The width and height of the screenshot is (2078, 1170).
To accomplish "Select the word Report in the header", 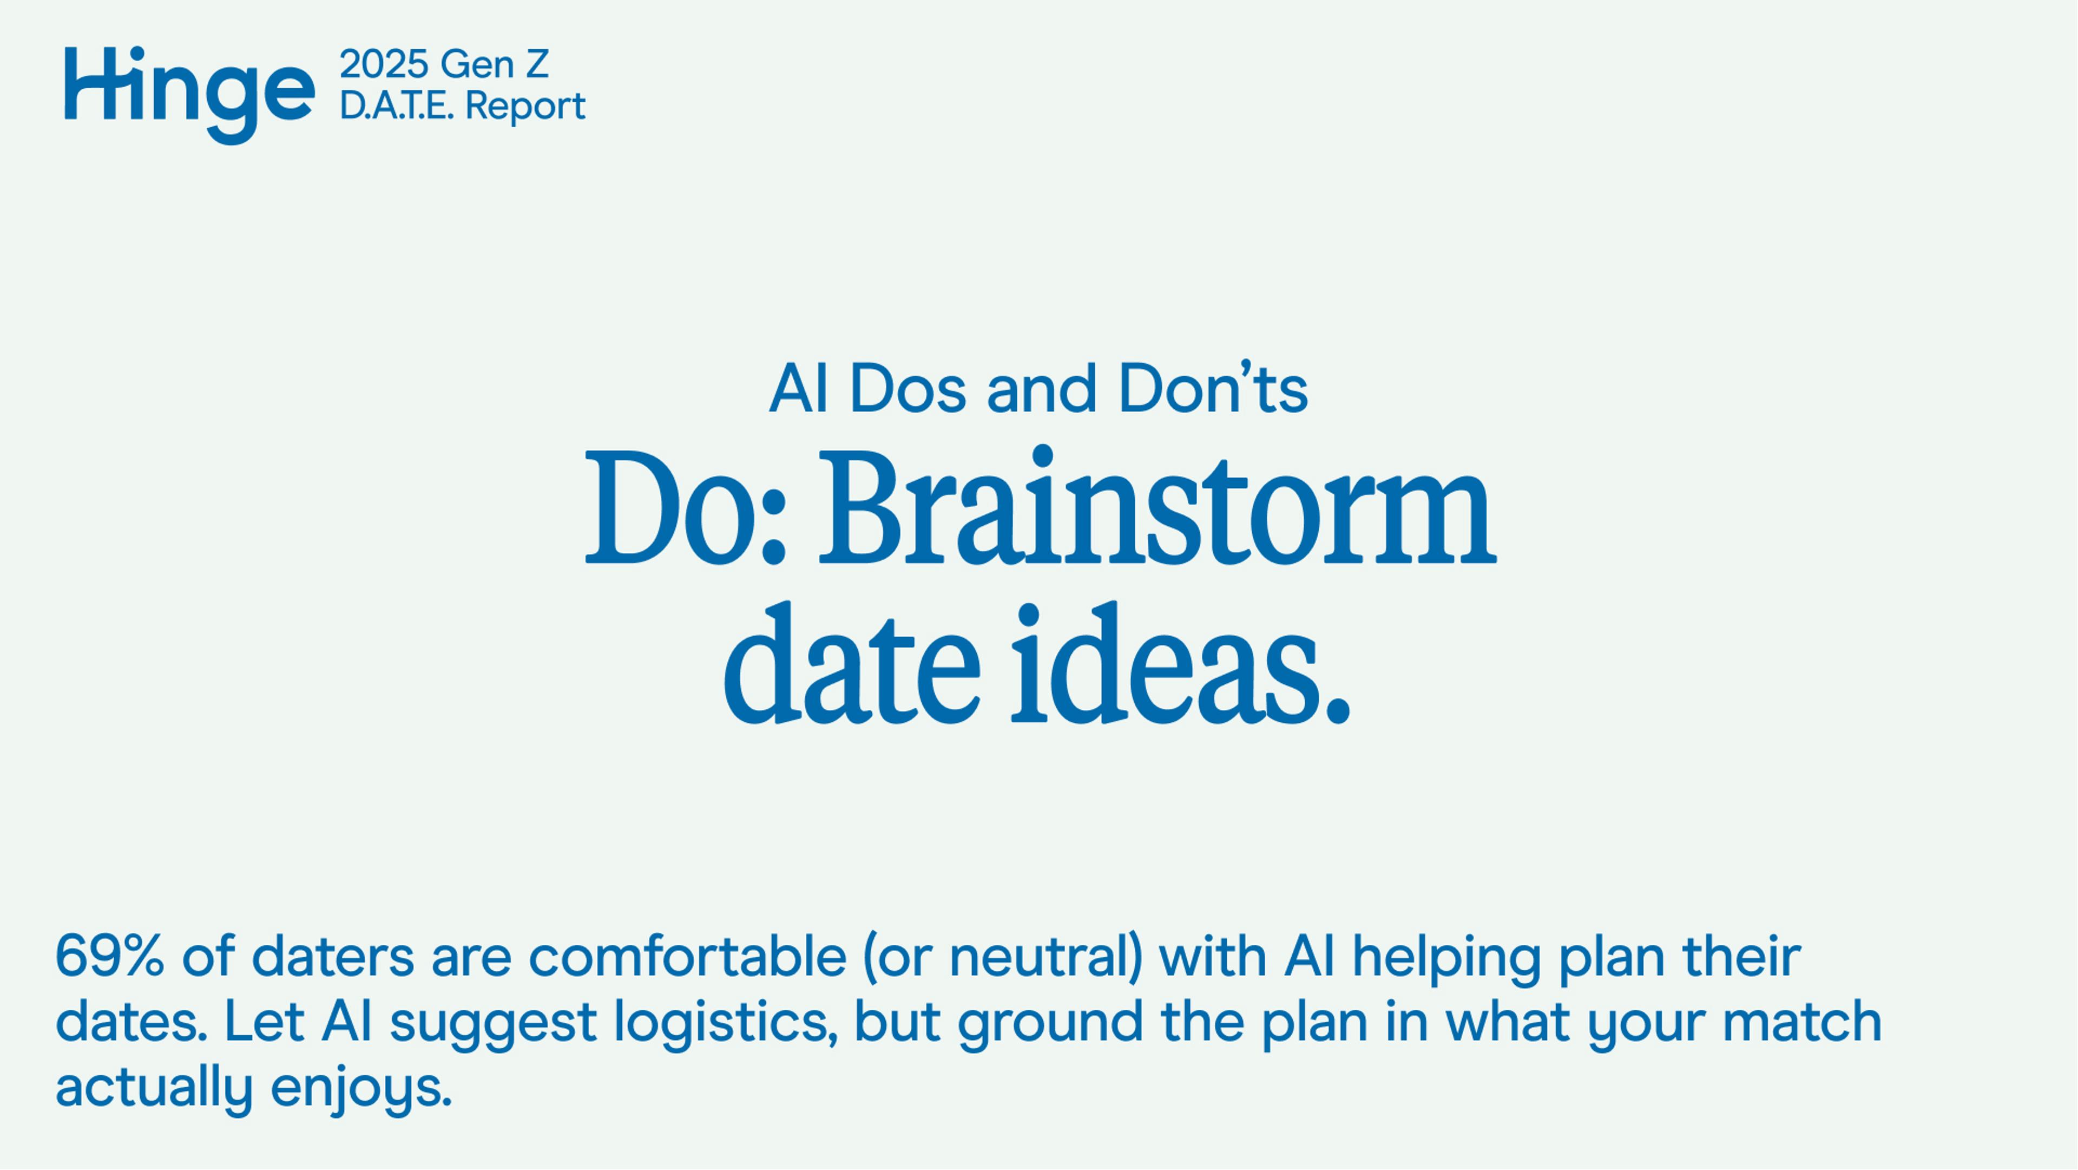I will pos(525,107).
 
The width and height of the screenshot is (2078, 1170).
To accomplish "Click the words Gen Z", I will pos(495,64).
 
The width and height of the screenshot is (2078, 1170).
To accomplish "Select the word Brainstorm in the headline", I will pos(1156,509).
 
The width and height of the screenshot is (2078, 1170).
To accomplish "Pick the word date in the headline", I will pos(851,666).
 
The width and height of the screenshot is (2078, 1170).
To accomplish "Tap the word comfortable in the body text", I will pos(687,957).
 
